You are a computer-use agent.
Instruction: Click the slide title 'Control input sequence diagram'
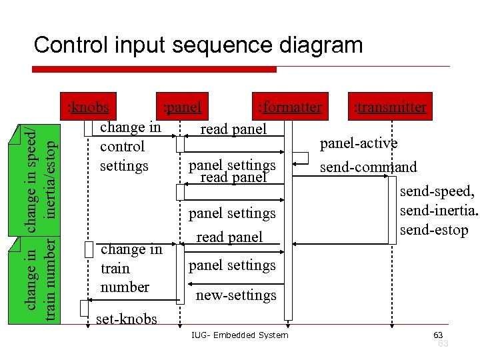pos(198,45)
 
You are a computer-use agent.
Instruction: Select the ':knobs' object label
pos(89,107)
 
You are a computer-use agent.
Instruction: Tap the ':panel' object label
pos(182,107)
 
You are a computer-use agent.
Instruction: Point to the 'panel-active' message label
pos(359,143)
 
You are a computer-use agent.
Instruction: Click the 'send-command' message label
pos(368,167)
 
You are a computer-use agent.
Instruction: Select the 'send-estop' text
pos(434,230)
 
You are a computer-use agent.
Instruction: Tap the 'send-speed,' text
pos(437,191)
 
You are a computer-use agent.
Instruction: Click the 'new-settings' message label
pos(235,295)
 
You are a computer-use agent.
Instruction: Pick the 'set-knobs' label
pos(127,319)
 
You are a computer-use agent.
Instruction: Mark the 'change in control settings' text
pos(130,146)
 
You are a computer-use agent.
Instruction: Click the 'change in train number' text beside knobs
pos(131,268)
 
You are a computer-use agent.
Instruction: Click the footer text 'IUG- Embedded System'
pos(239,335)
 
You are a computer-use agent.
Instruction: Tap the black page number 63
pos(438,335)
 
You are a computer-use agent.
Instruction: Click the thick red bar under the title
pos(154,69)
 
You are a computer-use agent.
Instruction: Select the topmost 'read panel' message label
pos(233,129)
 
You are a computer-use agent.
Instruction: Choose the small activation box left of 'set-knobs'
pos(83,308)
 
